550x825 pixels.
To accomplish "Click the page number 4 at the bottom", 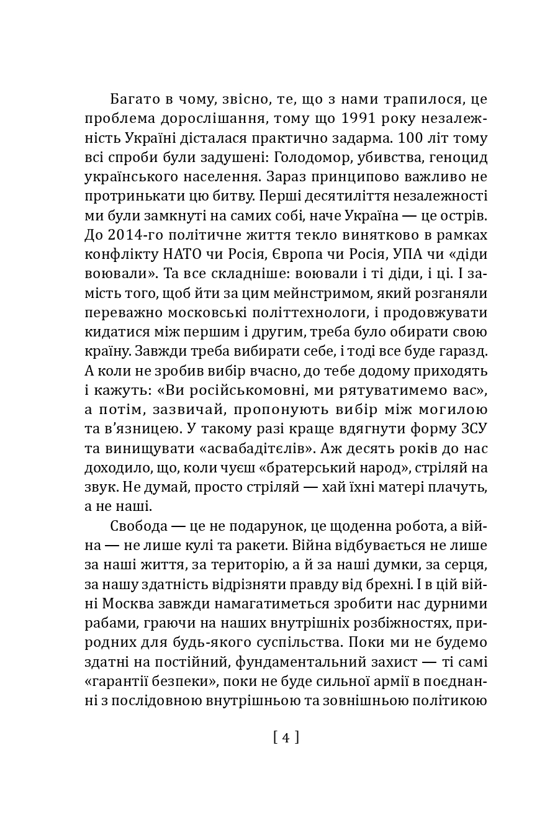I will pos(286,737).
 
